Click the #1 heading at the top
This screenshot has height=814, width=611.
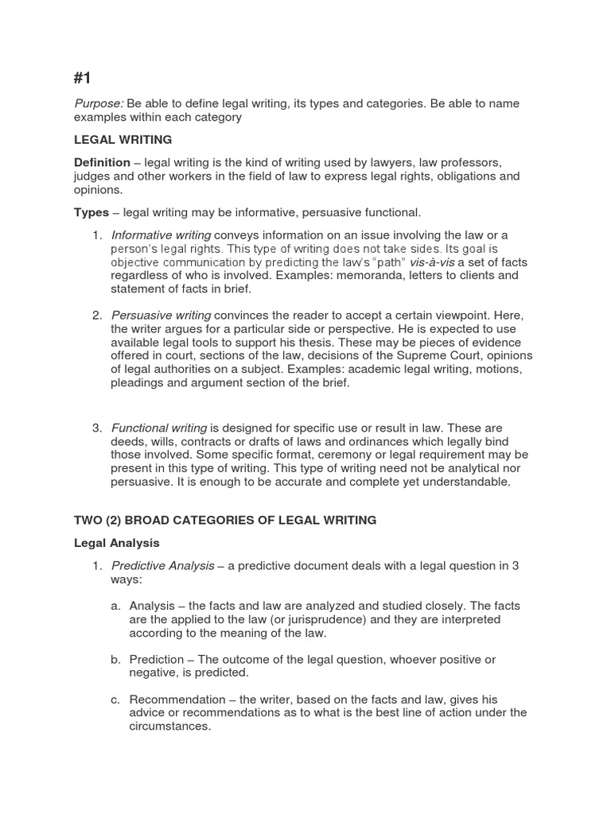coord(83,77)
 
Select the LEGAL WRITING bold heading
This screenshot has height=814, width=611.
coord(123,140)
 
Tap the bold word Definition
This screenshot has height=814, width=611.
coord(102,162)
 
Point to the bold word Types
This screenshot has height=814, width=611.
coord(91,212)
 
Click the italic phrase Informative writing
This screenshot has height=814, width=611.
coord(161,235)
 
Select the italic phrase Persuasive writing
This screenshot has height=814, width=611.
coord(161,316)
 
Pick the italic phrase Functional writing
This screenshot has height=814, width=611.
coord(159,428)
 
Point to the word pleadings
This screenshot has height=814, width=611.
coord(137,382)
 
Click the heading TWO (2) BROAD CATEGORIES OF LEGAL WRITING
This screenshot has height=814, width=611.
coord(225,520)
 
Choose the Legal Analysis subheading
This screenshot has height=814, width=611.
coord(117,543)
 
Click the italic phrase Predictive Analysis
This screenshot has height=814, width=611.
coord(162,565)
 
